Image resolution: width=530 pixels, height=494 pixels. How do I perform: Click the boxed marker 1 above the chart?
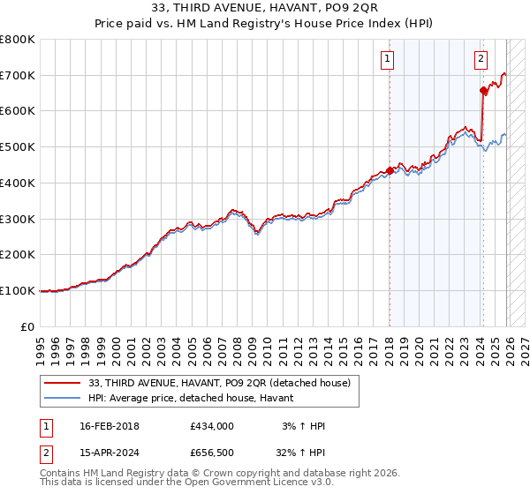[x=388, y=59]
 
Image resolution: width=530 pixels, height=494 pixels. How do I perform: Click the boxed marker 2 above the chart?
[x=481, y=59]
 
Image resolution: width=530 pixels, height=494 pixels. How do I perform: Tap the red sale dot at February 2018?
[x=390, y=170]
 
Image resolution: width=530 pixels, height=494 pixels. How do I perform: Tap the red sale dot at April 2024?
[x=483, y=90]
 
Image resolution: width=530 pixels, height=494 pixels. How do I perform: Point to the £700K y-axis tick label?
[x=18, y=75]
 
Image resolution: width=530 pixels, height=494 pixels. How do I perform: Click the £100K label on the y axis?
[x=18, y=290]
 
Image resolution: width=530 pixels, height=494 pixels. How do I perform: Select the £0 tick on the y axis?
[x=29, y=326]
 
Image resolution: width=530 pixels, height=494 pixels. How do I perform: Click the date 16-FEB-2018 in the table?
[x=109, y=426]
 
